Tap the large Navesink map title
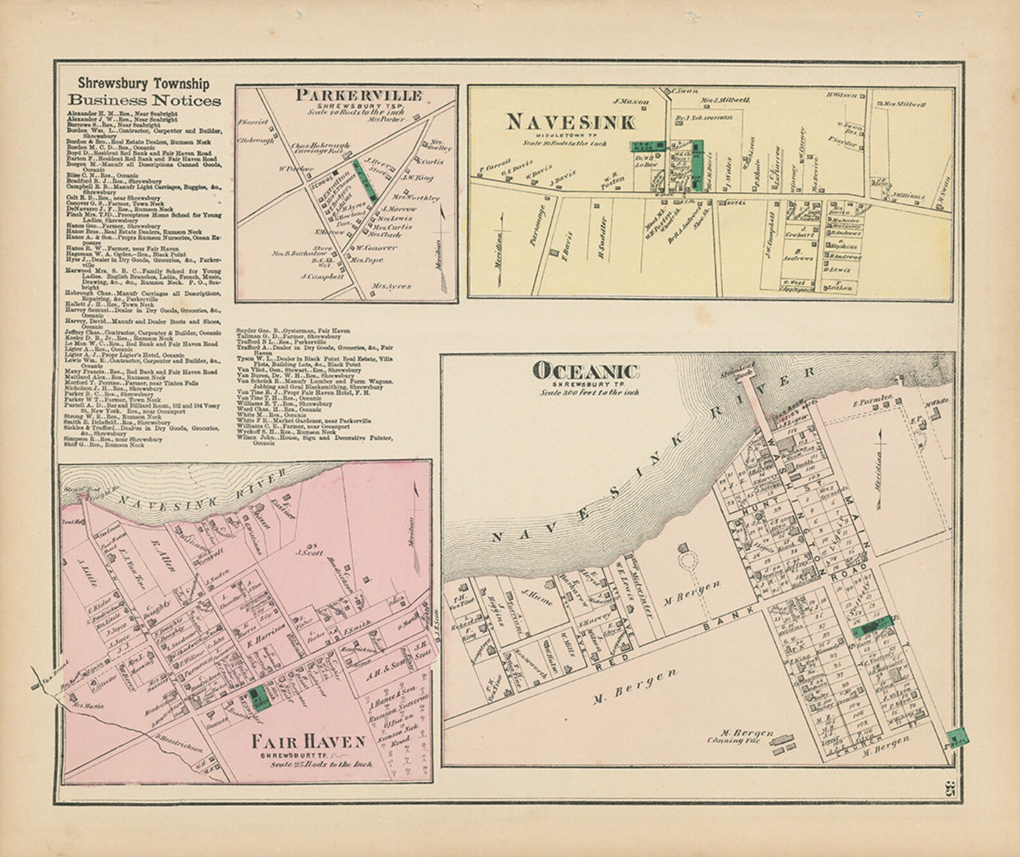(570, 121)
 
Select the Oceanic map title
(586, 371)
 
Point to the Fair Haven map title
(308, 741)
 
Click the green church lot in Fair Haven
(258, 694)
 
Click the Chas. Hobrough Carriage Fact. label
(320, 148)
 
